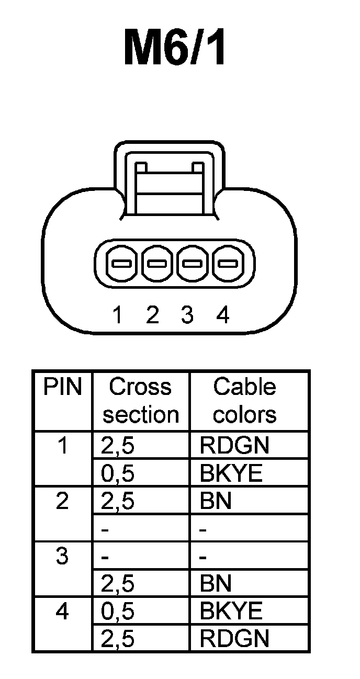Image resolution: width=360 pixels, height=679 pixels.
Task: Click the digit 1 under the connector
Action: click(x=118, y=315)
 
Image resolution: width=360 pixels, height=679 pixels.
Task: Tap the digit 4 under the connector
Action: click(x=223, y=315)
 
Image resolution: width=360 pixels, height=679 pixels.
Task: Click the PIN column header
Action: click(x=63, y=388)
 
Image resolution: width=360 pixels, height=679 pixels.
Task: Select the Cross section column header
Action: click(x=140, y=401)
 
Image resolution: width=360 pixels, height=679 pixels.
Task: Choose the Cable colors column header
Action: click(x=244, y=401)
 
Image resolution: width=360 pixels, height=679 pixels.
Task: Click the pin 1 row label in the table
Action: click(x=63, y=446)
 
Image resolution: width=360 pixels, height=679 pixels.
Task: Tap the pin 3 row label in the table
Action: click(x=63, y=556)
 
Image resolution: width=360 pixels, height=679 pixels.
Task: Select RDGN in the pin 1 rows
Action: click(x=234, y=446)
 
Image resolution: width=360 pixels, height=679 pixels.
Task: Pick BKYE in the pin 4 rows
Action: click(x=231, y=611)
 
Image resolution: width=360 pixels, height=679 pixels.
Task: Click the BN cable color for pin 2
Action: click(x=215, y=501)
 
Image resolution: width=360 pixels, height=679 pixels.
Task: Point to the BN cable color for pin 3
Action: click(x=215, y=584)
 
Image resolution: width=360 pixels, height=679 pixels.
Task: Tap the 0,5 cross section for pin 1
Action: click(x=118, y=473)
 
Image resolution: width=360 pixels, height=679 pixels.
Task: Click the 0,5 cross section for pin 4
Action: click(x=118, y=611)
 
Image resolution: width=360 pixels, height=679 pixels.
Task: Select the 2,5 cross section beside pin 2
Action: click(x=118, y=501)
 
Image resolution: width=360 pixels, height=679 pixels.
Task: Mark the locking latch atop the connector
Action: click(x=169, y=180)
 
